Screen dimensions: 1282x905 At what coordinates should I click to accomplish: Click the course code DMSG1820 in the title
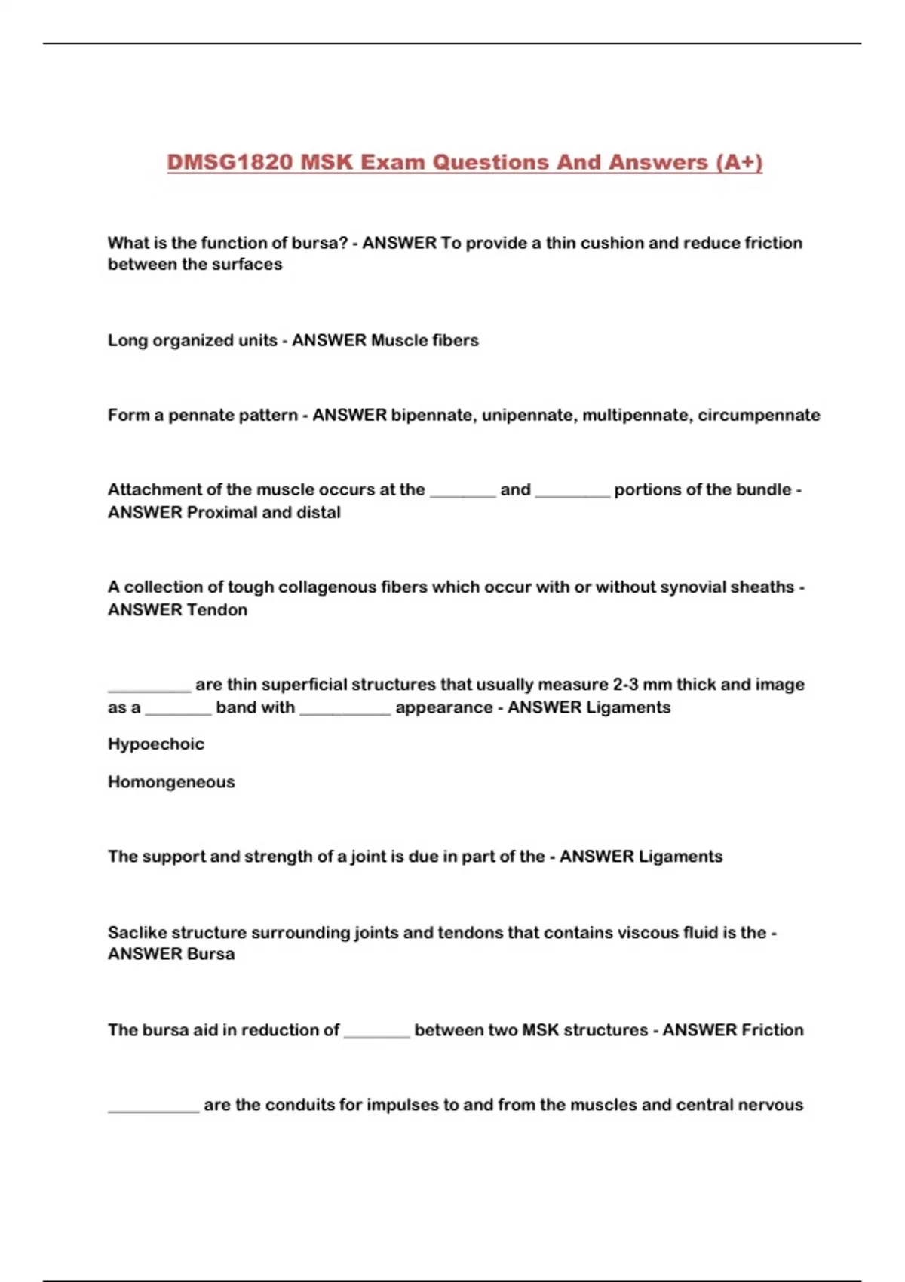[229, 162]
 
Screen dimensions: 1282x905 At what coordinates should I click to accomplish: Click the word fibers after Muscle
[456, 340]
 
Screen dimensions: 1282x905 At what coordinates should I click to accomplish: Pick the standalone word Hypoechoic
[156, 744]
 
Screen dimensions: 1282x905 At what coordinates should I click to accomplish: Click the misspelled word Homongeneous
[171, 782]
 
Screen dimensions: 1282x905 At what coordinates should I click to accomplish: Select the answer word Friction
[772, 1030]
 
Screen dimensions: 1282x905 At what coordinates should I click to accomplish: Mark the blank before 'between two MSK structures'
[377, 1035]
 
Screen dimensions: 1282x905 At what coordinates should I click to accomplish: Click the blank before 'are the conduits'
[153, 1109]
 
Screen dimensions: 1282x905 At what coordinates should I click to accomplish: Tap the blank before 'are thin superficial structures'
[149, 689]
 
